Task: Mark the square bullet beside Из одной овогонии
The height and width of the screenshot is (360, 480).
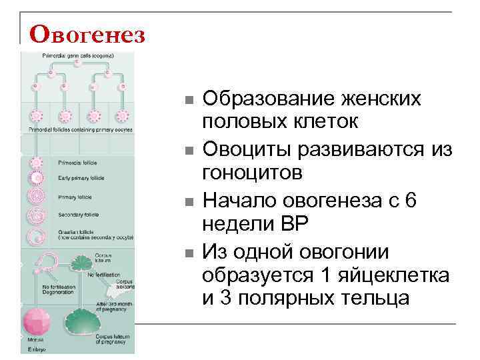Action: coord(189,252)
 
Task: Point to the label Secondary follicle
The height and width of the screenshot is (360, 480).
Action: coord(79,215)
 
